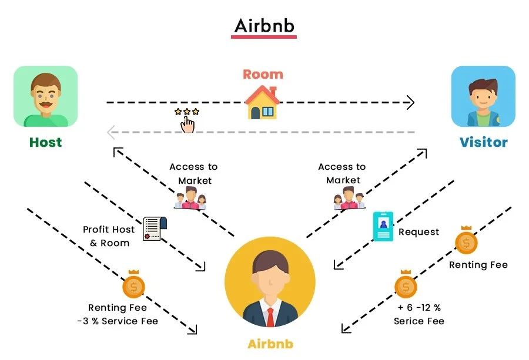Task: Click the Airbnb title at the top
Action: pos(263,26)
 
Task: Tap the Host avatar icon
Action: pos(45,96)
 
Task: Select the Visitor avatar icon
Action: pos(483,96)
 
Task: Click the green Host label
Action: pos(45,142)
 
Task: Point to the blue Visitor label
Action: pos(483,142)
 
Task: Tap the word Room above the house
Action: pos(263,75)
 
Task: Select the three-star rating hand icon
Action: pos(187,119)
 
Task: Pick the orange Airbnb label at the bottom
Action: pos(270,344)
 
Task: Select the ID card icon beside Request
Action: pos(383,227)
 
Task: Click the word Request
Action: pos(418,232)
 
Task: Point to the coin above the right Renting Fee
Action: pos(466,241)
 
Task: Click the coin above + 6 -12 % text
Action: pos(406,286)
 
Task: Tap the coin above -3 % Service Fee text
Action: pos(133,286)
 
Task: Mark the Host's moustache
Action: pos(45,103)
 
